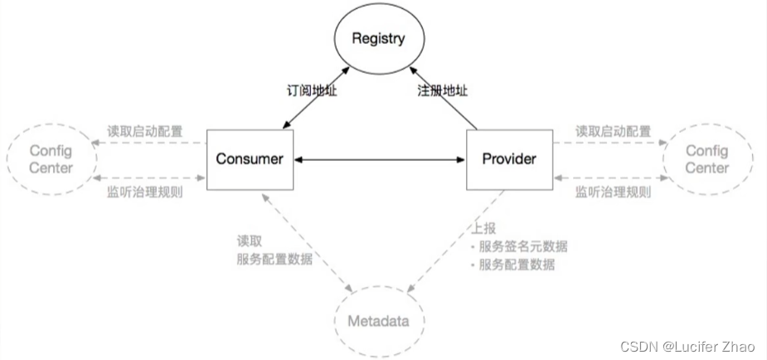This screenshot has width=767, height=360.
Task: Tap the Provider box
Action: click(507, 158)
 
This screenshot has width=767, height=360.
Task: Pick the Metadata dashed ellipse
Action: click(378, 320)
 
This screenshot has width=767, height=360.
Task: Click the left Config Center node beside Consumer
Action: click(51, 159)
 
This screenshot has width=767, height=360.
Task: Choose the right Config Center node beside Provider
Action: click(706, 159)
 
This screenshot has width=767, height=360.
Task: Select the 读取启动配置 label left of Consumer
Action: click(145, 131)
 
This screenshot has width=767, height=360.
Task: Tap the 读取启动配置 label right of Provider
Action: click(613, 131)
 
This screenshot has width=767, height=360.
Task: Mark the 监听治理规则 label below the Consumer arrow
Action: click(145, 192)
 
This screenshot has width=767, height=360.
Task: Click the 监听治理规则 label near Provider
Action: click(613, 192)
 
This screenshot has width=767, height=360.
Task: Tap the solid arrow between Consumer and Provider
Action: click(377, 158)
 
